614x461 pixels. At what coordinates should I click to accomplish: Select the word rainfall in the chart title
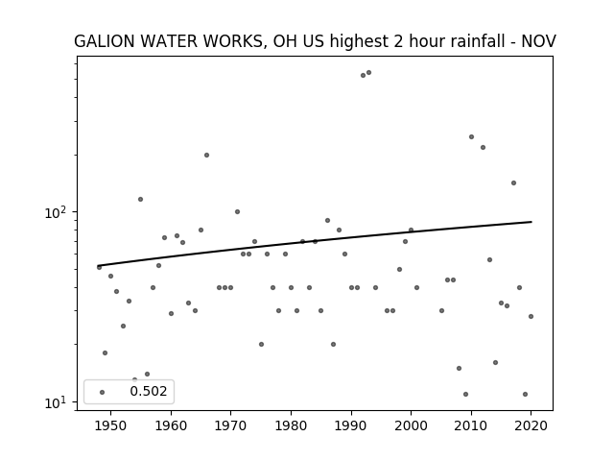click(482, 41)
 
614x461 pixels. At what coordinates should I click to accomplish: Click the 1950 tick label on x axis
click(111, 425)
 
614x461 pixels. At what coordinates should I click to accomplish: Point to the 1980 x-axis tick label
click(291, 425)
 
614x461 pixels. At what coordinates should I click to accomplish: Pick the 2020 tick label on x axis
click(531, 425)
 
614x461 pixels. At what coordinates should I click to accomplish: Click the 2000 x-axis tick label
click(411, 425)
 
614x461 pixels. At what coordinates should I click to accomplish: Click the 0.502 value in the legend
click(149, 391)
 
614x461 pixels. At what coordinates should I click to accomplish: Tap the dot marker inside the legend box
click(103, 392)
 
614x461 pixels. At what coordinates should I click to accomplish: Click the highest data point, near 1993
click(368, 73)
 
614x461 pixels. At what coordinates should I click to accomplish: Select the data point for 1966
click(207, 156)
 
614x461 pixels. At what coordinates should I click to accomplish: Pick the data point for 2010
click(471, 136)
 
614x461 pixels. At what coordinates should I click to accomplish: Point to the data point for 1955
click(141, 199)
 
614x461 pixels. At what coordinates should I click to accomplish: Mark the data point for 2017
click(514, 182)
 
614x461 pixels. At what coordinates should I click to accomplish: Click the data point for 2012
click(484, 147)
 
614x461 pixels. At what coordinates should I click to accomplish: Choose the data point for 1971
click(237, 211)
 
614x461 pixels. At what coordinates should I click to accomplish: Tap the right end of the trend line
click(531, 222)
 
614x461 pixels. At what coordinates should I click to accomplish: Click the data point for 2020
click(531, 316)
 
